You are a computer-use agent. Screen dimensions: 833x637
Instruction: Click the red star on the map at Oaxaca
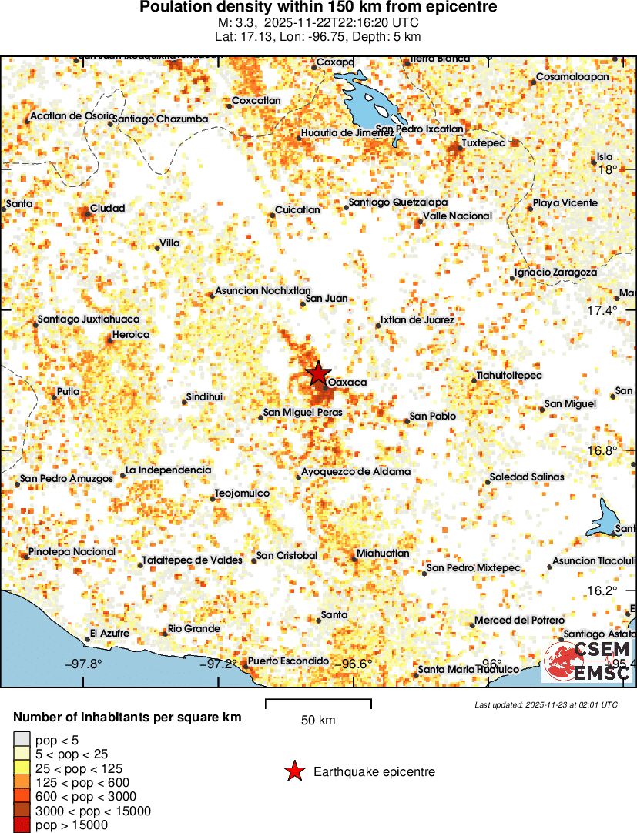317,373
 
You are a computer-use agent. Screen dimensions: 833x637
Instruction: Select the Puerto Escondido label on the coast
288,661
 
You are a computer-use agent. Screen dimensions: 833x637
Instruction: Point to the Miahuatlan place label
383,554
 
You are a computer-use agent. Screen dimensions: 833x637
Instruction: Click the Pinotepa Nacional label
72,552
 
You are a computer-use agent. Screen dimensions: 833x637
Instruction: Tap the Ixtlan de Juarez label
417,319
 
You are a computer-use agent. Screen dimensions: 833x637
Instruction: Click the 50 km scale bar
318,704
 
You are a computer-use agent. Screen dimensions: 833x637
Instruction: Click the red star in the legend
293,771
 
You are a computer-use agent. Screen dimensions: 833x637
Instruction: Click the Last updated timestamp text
545,704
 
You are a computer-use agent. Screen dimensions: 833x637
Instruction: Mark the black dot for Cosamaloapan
532,82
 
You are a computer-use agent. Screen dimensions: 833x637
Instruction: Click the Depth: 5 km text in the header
387,36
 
